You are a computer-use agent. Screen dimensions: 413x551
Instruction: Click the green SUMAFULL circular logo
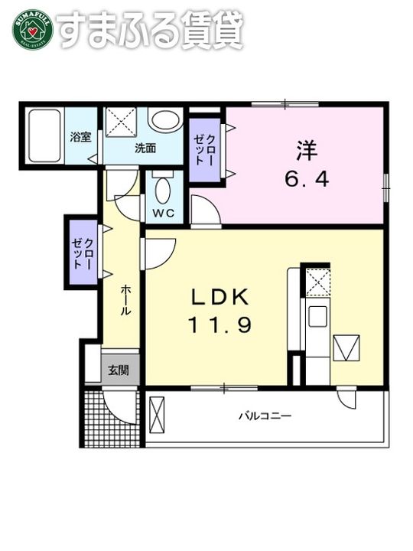[33, 30]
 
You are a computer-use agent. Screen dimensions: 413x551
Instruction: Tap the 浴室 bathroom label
[80, 137]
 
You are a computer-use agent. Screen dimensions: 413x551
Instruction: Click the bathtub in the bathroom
[44, 135]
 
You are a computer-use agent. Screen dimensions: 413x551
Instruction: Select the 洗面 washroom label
[145, 148]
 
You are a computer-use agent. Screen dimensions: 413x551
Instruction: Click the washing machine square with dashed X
[121, 122]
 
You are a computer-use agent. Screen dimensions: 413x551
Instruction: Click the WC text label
[164, 213]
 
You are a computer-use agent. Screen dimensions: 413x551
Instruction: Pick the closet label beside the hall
[83, 253]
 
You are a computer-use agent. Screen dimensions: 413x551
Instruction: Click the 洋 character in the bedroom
[307, 150]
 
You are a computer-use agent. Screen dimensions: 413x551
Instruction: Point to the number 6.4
[307, 180]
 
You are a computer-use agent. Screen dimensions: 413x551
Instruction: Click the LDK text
[220, 297]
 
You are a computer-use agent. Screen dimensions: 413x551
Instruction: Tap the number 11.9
[220, 325]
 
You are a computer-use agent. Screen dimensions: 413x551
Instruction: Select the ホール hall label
[125, 300]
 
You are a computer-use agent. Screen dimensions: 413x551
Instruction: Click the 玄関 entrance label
[119, 370]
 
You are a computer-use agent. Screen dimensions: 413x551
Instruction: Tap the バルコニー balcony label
[265, 416]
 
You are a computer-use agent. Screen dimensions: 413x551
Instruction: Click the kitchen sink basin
[317, 316]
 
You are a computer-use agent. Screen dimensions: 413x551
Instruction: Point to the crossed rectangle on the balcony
[157, 416]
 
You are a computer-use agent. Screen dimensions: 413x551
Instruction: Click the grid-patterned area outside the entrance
[112, 417]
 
